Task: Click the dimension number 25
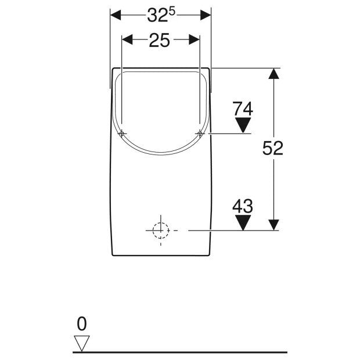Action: [160, 41]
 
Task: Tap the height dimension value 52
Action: [272, 148]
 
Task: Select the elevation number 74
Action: [243, 109]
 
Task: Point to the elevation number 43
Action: [243, 206]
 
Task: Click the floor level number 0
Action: [82, 324]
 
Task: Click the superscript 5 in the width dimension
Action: [172, 12]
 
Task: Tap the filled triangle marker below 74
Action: [243, 125]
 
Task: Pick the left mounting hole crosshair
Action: [122, 134]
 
